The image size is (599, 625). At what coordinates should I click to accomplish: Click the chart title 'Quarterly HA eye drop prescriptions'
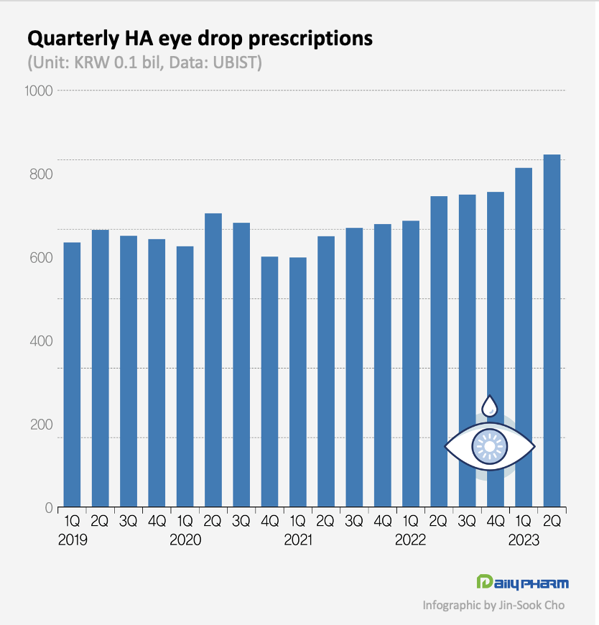(200, 38)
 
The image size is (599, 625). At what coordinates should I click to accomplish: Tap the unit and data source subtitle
(144, 63)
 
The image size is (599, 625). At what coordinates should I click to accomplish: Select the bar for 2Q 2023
(552, 330)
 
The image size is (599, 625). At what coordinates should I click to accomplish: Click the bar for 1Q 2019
(72, 374)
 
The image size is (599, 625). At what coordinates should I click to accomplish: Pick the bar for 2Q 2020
(213, 359)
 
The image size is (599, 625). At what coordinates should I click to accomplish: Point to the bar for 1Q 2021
(297, 381)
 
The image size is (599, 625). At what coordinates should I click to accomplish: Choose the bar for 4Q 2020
(269, 381)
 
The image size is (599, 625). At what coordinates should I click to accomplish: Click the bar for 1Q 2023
(524, 338)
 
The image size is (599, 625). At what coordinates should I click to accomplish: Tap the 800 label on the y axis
(42, 174)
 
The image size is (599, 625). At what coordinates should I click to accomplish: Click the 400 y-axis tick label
(42, 341)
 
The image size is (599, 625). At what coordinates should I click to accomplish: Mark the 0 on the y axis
(49, 508)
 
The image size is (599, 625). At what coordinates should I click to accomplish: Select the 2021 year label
(297, 540)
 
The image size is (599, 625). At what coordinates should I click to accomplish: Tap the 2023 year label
(524, 540)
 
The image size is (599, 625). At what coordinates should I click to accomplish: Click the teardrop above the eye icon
(490, 406)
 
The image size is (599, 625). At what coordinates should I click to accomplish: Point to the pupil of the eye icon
(490, 447)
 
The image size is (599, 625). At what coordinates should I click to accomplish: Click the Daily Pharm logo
(522, 582)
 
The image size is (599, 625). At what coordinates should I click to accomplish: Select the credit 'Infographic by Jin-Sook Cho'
(493, 605)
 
